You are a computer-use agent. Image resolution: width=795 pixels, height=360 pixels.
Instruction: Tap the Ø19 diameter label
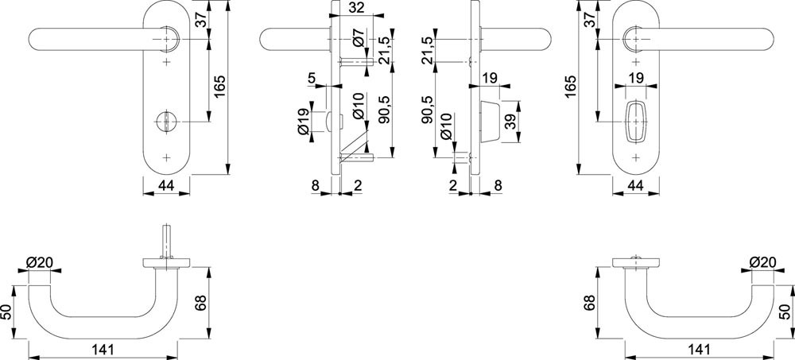(x=304, y=121)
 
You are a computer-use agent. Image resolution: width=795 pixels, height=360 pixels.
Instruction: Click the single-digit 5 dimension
(x=312, y=78)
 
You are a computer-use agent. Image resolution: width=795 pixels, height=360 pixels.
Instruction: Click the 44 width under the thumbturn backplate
(x=167, y=185)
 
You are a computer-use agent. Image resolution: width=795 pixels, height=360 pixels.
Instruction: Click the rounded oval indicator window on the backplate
(x=635, y=120)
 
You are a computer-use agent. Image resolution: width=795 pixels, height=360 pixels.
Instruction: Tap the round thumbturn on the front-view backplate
(x=166, y=121)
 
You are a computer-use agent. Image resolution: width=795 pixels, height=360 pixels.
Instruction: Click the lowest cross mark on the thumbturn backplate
(x=166, y=157)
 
